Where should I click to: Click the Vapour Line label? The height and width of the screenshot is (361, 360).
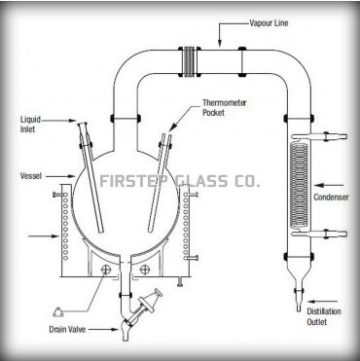click(x=269, y=23)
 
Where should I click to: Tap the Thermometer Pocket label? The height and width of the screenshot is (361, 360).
click(x=225, y=108)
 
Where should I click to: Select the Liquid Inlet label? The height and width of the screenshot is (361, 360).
click(x=30, y=125)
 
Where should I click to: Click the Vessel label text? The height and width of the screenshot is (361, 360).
click(x=31, y=176)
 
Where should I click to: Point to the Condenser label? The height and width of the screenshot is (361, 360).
click(x=331, y=197)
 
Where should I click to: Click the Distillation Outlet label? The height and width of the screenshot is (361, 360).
click(x=324, y=316)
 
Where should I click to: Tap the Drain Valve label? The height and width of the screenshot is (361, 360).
click(x=67, y=330)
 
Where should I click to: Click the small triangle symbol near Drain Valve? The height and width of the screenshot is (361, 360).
click(x=57, y=312)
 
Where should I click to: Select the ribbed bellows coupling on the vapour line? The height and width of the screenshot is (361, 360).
click(x=189, y=62)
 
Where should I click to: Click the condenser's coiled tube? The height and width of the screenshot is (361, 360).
click(x=299, y=186)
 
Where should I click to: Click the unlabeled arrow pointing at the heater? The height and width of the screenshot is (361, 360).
click(x=44, y=236)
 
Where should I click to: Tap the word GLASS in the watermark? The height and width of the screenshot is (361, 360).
click(x=201, y=181)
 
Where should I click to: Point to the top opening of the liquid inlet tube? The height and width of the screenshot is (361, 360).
click(x=83, y=124)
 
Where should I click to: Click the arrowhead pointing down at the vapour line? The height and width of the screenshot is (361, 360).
click(x=220, y=44)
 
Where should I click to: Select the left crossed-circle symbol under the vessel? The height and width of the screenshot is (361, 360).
click(x=106, y=269)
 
